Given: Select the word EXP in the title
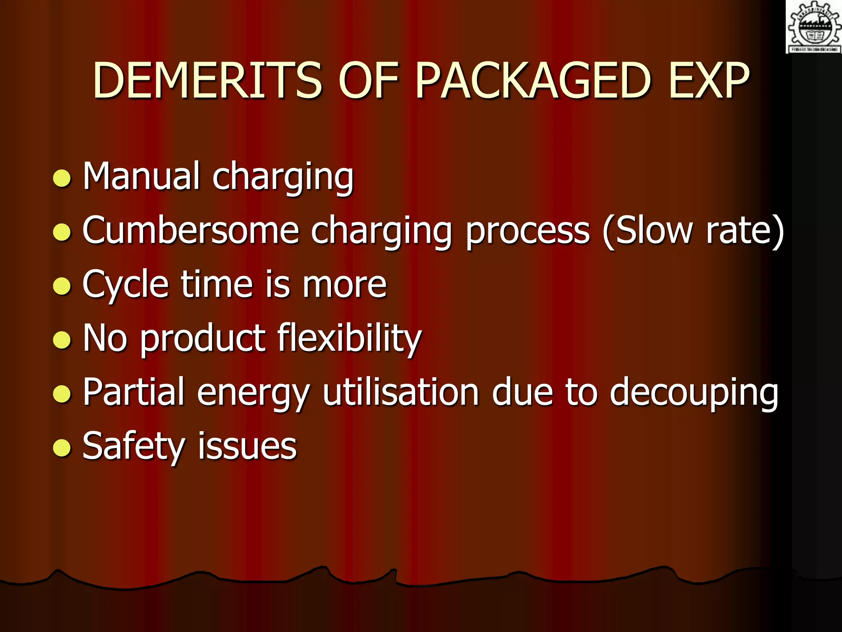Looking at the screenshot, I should pos(709,81).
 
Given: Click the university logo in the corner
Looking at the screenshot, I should pos(814,27).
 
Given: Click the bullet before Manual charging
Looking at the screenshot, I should pos(62,178).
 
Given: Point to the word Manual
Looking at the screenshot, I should pos(141,176).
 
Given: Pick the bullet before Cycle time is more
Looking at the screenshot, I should pos(62,286).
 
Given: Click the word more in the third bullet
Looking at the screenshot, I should pos(345,284).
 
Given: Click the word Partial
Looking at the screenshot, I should pos(133,392).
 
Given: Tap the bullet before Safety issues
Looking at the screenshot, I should pos(62,448).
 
